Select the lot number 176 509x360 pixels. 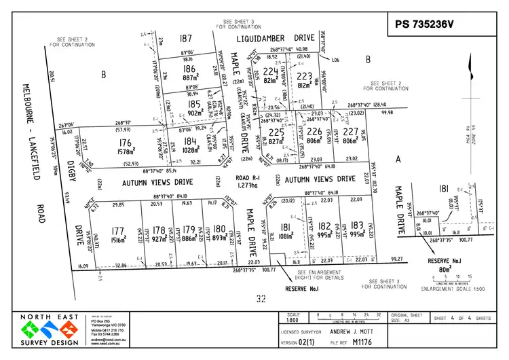125,143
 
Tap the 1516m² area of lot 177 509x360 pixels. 117,238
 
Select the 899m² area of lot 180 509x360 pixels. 219,238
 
